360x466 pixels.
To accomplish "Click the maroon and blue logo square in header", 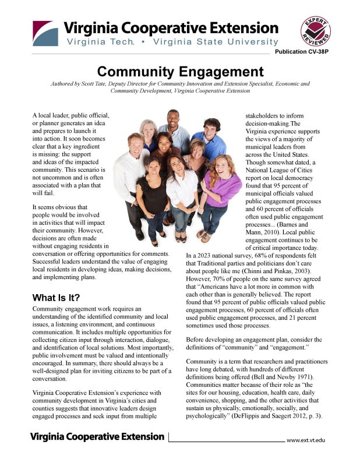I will tap(45, 33).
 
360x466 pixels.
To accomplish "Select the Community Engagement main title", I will tap(180, 72).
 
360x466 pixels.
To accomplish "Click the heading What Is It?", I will tap(56, 298).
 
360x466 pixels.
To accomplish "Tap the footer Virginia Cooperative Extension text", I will tap(97, 436).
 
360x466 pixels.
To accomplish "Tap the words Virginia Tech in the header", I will tap(100, 42).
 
